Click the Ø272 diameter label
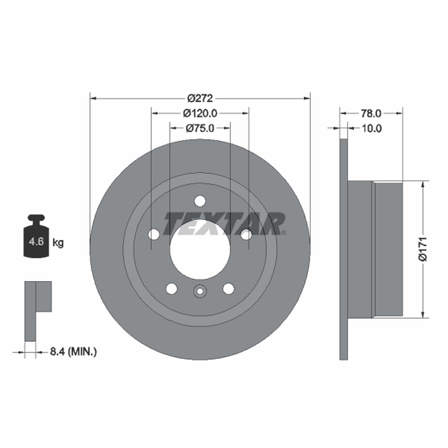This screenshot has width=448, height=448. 200,99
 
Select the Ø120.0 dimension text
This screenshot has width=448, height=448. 200,114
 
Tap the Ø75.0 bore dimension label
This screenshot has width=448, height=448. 200,128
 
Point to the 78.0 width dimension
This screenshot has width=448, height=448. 371,114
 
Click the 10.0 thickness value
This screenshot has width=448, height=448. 371,128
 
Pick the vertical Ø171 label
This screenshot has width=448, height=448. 423,249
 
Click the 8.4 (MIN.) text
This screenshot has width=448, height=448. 73,352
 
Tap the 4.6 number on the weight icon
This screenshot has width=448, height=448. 36,242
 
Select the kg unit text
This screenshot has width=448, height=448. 58,243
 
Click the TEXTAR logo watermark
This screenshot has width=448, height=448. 225,223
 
